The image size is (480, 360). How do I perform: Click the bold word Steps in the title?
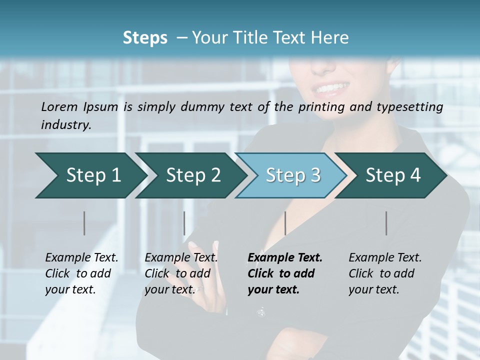click(x=145, y=38)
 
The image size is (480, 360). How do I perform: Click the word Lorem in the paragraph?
click(x=59, y=106)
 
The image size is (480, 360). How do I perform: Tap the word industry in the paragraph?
click(x=66, y=124)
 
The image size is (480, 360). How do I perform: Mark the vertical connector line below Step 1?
click(x=84, y=223)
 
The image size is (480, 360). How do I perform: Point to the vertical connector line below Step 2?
click(x=184, y=223)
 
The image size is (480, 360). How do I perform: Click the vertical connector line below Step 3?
click(x=285, y=223)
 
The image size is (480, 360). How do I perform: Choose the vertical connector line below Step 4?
click(x=386, y=223)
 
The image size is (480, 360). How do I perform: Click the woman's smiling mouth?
click(x=330, y=89)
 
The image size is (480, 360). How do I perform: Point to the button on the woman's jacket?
click(x=260, y=312)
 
